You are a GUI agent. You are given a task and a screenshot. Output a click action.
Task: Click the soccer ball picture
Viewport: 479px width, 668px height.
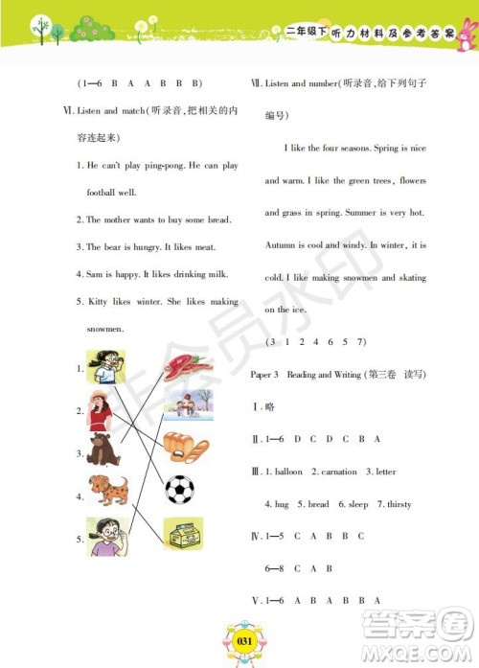[179, 490]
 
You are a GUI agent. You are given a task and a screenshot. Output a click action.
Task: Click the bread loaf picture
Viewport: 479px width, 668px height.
[182, 447]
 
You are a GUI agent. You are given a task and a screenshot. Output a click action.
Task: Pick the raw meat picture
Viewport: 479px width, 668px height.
[182, 366]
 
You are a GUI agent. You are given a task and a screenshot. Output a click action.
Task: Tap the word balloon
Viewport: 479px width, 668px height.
[288, 472]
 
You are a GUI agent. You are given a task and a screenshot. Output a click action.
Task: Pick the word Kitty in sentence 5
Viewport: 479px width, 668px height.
[98, 302]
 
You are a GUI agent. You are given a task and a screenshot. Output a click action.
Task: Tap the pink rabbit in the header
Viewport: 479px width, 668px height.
[467, 35]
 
